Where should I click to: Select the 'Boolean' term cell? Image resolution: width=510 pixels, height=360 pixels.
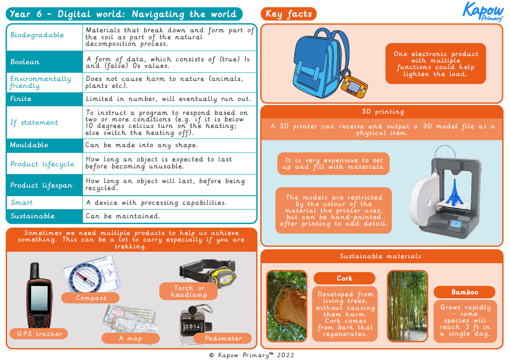click(x=25, y=62)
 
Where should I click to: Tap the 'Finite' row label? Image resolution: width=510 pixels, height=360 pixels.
click(x=21, y=99)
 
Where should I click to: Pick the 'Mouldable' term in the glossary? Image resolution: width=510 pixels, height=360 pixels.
click(x=29, y=145)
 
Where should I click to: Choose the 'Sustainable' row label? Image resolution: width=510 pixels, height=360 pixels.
click(x=33, y=216)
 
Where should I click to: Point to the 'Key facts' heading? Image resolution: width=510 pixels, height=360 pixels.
click(x=289, y=14)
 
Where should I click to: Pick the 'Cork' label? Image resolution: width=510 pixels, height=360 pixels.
click(x=344, y=278)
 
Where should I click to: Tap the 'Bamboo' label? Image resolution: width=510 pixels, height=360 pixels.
click(x=465, y=292)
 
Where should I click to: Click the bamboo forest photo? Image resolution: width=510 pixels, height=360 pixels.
click(x=407, y=305)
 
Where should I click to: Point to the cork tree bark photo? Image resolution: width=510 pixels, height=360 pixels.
click(x=286, y=305)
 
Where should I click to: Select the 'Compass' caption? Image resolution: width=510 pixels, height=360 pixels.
click(x=91, y=298)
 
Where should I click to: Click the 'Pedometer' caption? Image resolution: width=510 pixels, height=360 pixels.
click(x=223, y=338)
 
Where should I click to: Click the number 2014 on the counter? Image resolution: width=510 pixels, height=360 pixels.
click(x=192, y=327)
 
